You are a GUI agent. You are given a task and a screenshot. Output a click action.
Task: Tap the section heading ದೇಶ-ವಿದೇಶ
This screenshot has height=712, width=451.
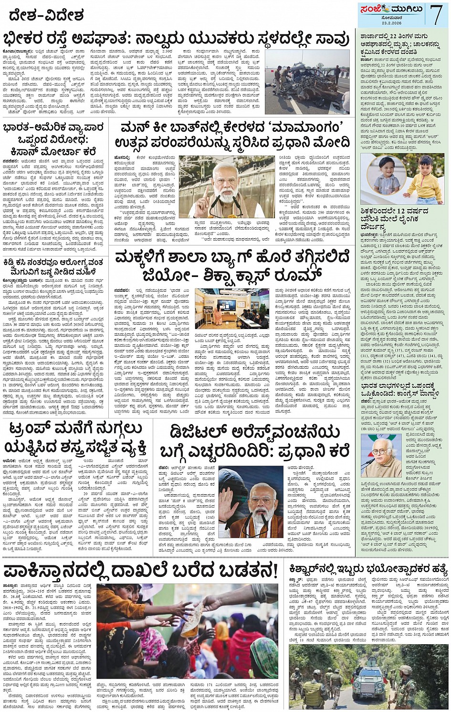[46, 16]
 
